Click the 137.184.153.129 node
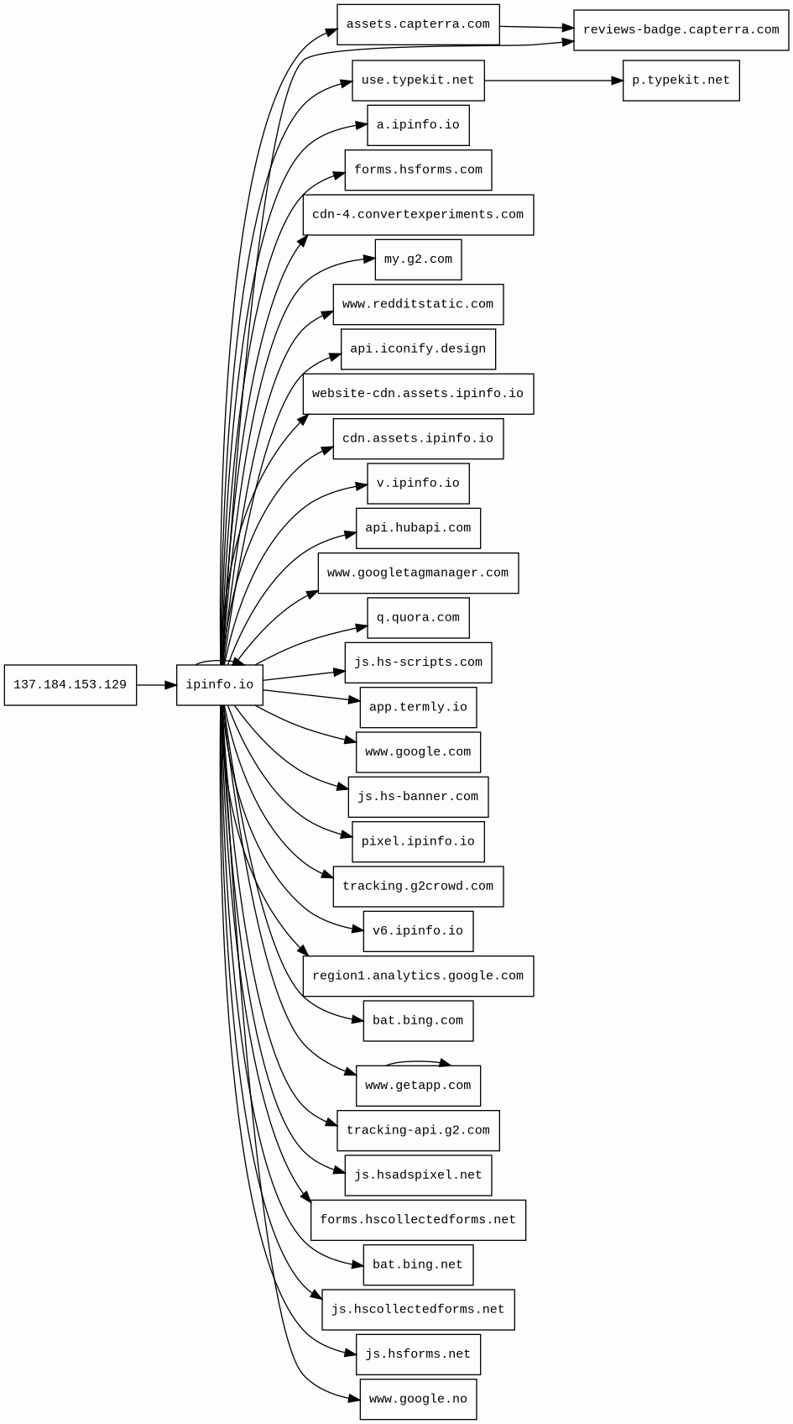click(70, 685)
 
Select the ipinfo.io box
click(220, 685)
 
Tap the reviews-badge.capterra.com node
click(681, 30)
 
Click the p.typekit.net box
click(681, 81)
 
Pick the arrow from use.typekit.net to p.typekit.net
click(554, 81)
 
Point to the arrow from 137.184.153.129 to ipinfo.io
click(156, 685)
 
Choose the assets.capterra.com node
click(418, 24)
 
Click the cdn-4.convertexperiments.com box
click(418, 215)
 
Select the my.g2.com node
click(418, 259)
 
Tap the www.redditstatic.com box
click(418, 304)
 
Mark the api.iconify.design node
click(418, 349)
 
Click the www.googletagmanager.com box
click(418, 573)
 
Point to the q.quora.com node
click(418, 618)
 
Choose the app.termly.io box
click(418, 707)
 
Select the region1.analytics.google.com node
click(418, 976)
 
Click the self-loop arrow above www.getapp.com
click(418, 1061)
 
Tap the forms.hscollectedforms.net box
click(418, 1220)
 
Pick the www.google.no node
click(418, 1399)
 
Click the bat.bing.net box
click(418, 1264)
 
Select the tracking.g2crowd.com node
click(418, 887)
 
